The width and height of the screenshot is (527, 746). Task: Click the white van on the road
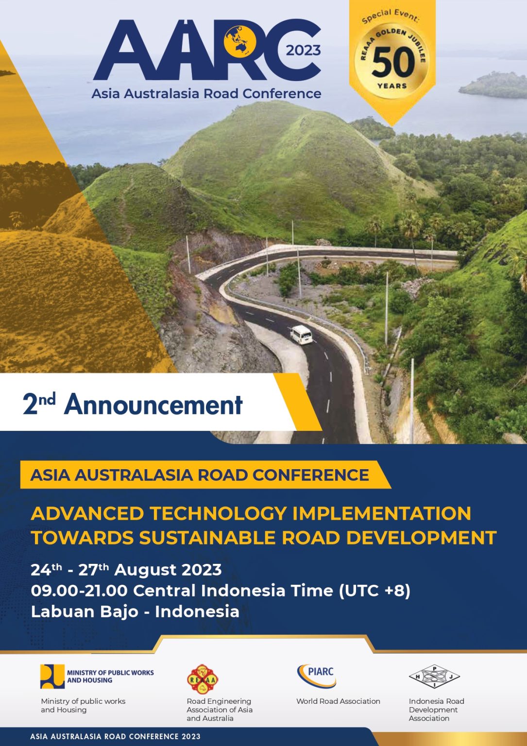pos(301,335)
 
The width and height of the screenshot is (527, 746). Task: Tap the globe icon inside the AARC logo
pos(240,41)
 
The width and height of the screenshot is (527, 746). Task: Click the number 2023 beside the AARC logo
pos(303,51)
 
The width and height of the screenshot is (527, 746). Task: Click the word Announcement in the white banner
pos(153,404)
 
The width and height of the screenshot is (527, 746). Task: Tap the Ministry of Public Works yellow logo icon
pos(52,676)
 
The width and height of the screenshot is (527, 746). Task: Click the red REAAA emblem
pos(203,679)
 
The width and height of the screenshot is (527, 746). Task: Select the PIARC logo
pos(317,676)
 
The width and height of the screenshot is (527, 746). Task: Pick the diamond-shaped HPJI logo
pos(434,677)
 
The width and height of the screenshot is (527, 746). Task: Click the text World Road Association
pos(338,701)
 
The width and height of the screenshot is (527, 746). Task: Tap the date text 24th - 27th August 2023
pos(126,569)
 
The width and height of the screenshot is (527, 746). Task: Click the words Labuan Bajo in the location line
pos(84,611)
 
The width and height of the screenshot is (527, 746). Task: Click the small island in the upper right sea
pos(493,85)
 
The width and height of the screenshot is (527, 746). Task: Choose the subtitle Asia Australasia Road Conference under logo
pos(206,93)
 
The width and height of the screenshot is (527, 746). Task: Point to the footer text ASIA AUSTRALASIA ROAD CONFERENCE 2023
pos(115,736)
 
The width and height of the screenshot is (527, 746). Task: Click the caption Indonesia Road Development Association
pos(436,710)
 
